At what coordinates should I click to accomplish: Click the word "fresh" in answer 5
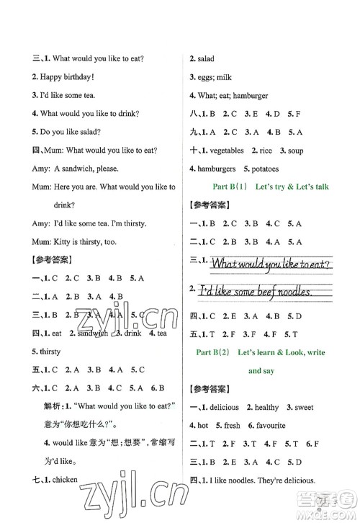[x=232, y=426]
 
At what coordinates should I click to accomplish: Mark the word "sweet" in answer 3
[x=324, y=407]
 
